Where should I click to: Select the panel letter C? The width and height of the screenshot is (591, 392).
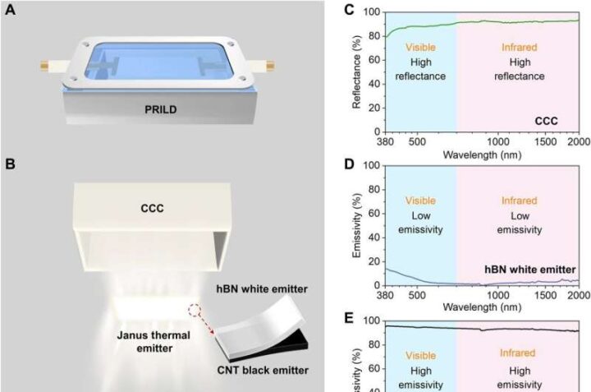click(x=326, y=11)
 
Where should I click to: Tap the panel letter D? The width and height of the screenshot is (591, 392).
click(x=326, y=164)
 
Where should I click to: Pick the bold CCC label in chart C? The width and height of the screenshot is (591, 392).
click(x=546, y=120)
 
